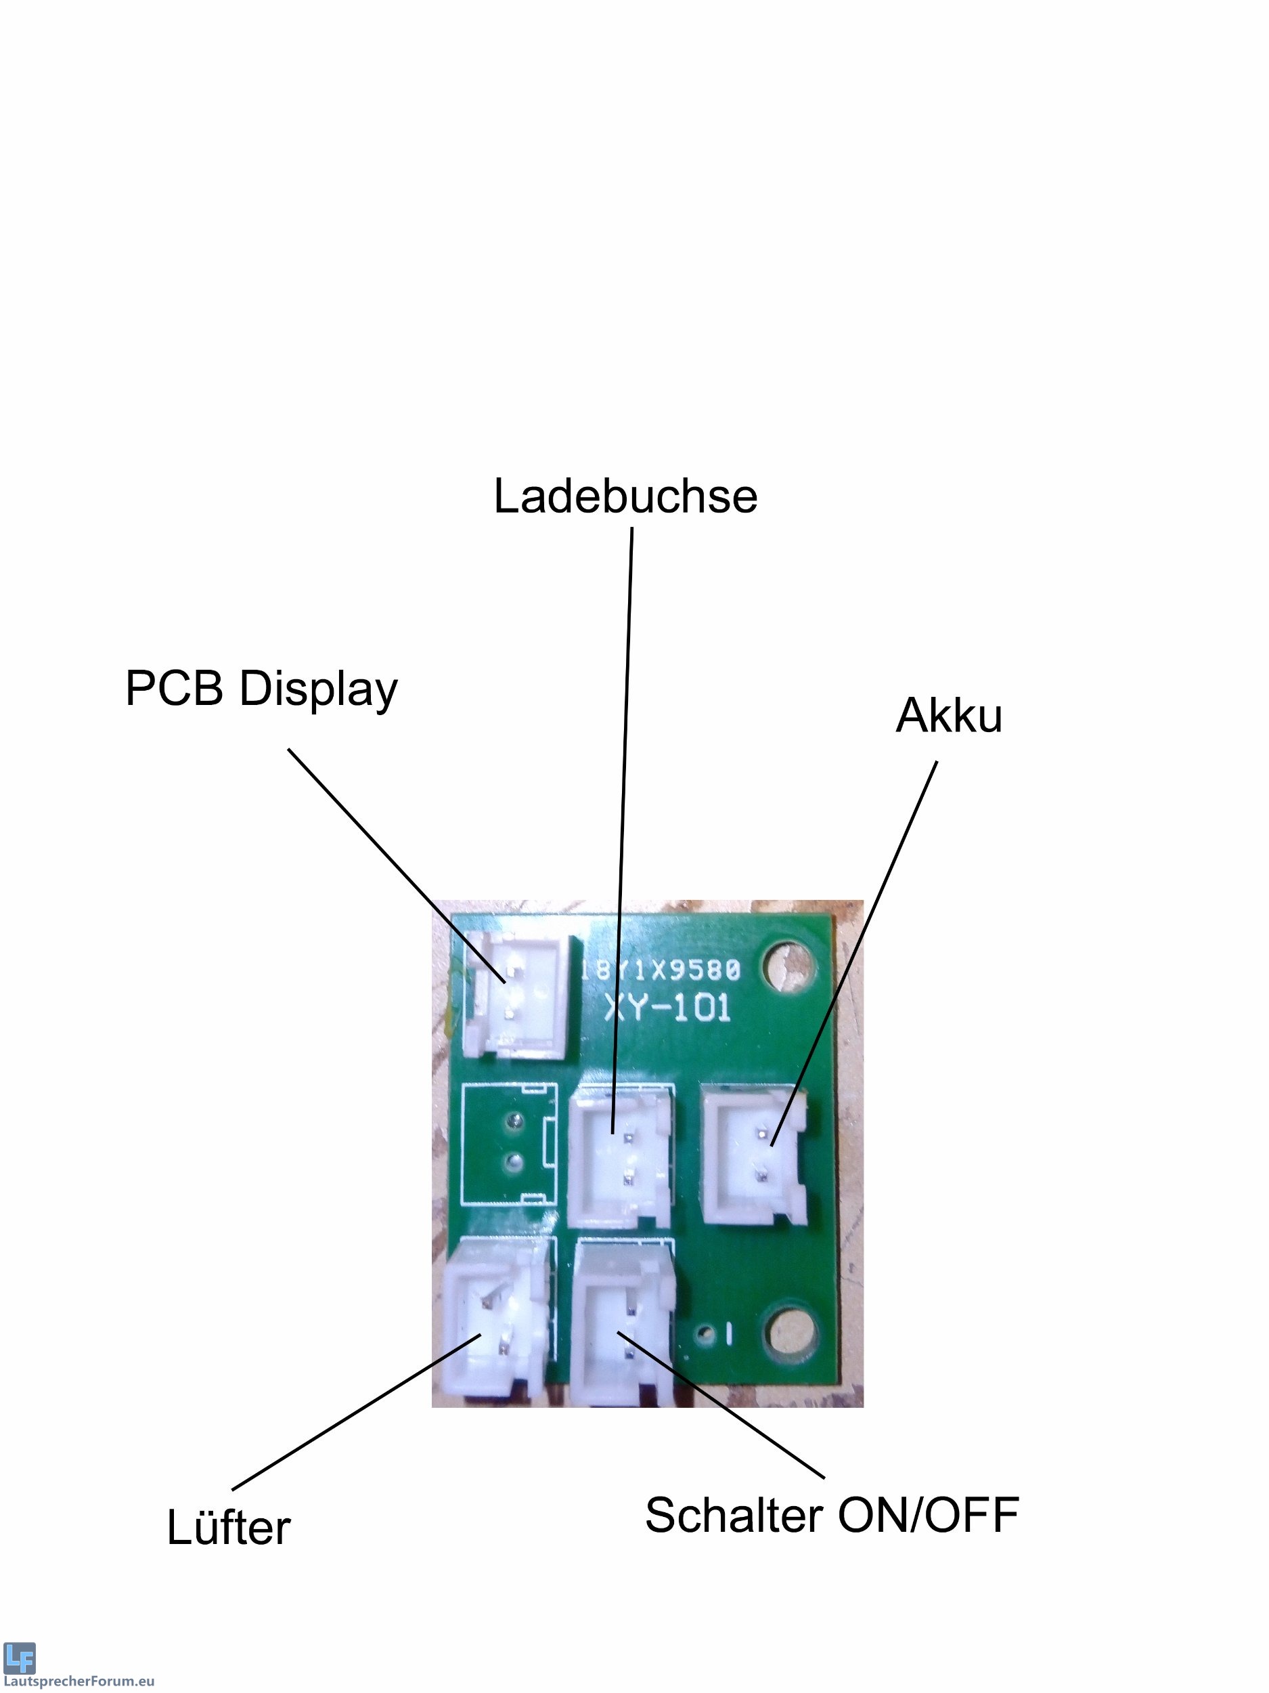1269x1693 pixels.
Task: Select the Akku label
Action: [948, 715]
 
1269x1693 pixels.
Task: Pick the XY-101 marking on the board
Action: [667, 1007]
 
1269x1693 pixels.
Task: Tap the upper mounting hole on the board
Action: [788, 966]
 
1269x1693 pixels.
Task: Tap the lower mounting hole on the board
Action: [790, 1334]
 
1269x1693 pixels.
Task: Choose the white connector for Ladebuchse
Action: [621, 1158]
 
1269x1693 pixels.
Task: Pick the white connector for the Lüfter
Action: [495, 1323]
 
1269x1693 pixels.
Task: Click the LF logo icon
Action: [19, 1658]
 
